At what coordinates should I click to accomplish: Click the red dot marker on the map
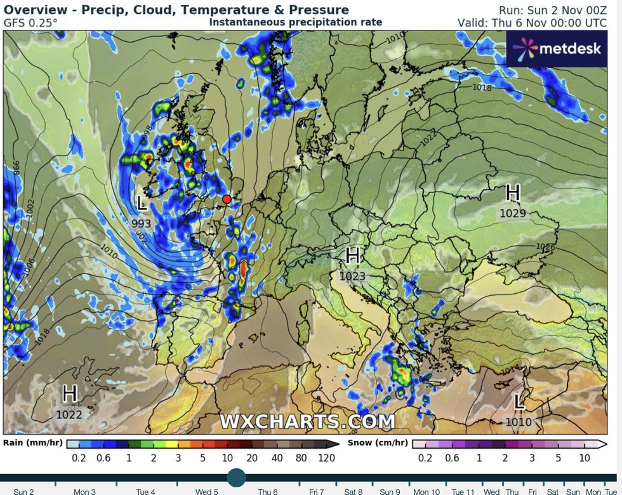click(227, 199)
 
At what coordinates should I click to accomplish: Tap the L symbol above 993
click(142, 204)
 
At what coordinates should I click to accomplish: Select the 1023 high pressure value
click(353, 276)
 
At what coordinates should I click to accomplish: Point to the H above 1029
click(513, 192)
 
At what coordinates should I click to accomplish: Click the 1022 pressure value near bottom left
click(69, 414)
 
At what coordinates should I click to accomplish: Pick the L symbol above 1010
click(519, 401)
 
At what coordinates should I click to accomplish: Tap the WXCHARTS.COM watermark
click(308, 421)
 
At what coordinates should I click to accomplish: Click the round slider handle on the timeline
click(236, 478)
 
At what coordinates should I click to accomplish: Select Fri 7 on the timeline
click(317, 491)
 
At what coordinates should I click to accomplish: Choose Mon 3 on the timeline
click(84, 491)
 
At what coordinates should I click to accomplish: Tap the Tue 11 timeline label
click(463, 491)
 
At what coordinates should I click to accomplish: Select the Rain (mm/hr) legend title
click(33, 443)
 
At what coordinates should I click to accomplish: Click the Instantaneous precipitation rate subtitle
click(296, 22)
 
